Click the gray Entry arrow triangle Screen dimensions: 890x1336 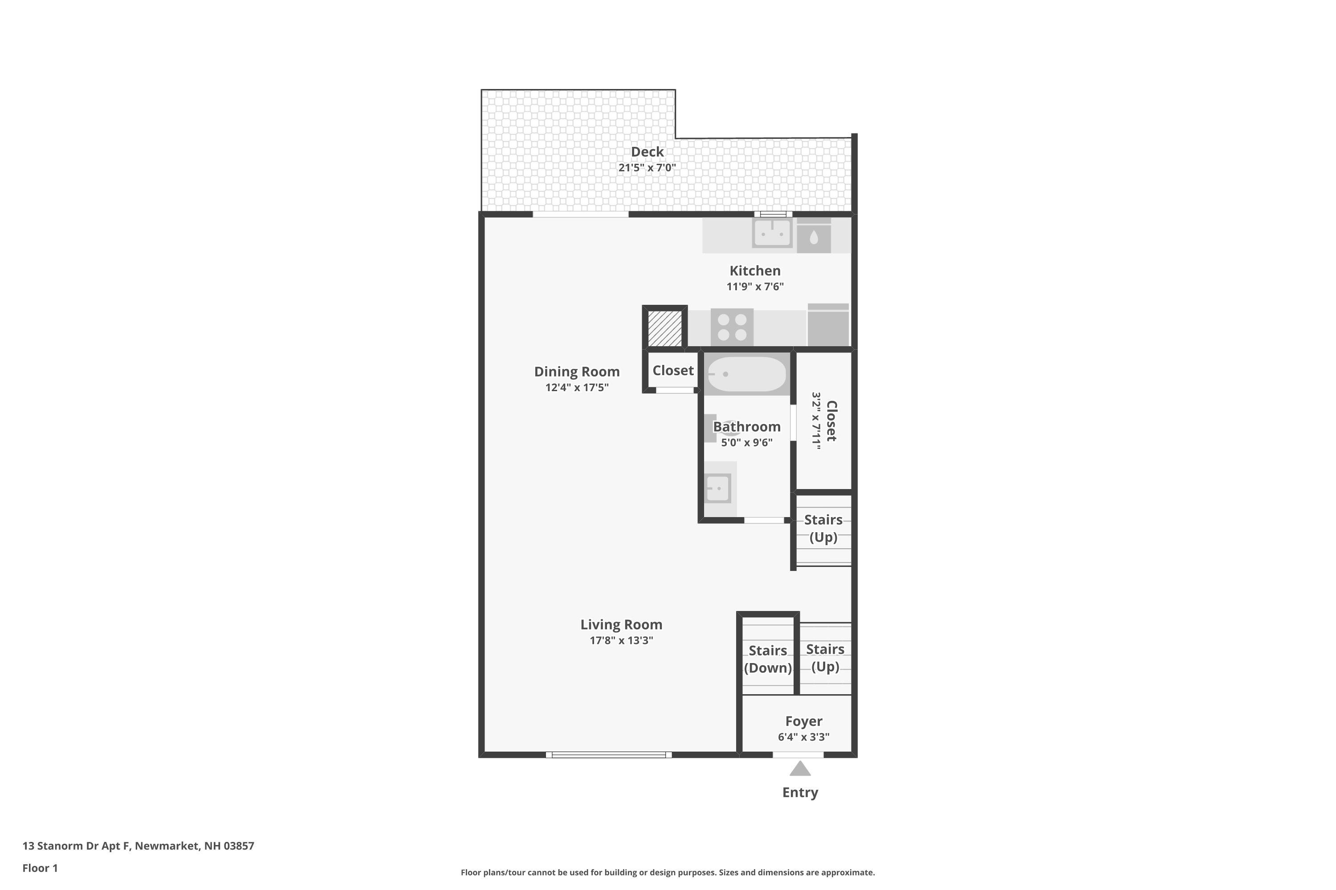800,769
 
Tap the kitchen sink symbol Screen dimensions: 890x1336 772,233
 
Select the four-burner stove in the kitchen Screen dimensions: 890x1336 732,327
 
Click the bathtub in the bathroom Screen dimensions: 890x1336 746,374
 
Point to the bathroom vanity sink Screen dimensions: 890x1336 717,488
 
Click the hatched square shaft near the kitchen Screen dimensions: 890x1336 664,328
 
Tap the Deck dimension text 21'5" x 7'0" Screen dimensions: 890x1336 647,167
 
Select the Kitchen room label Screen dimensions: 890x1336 755,271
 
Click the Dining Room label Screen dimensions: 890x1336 577,372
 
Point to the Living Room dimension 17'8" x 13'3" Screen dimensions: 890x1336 621,640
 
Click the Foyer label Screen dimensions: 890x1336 803,721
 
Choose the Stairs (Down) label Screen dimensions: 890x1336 767,659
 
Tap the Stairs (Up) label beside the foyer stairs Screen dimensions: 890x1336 825,657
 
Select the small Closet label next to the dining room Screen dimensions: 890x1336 672,371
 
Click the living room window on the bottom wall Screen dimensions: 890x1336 608,755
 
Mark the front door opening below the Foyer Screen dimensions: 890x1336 798,755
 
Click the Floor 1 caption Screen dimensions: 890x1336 40,868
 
